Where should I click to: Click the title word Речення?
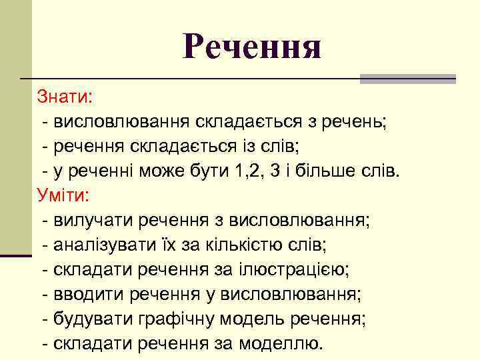tap(252, 47)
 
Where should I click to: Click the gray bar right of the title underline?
tap(407, 79)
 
